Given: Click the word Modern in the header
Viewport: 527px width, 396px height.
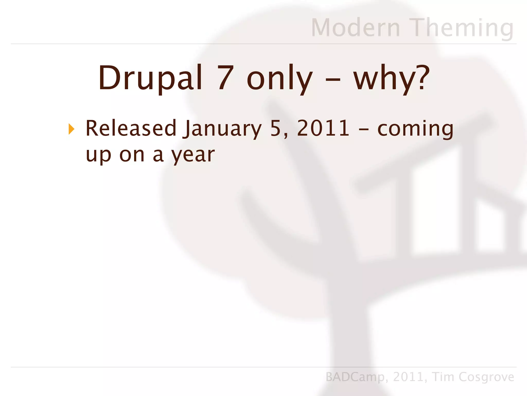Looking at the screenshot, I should [x=356, y=28].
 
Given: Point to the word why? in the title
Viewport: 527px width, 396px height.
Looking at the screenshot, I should [x=391, y=78].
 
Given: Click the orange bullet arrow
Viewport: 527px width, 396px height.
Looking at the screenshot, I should [x=72, y=129].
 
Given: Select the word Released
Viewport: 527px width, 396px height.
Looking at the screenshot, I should [x=131, y=128].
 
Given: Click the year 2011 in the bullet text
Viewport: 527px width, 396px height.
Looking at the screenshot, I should [x=323, y=128].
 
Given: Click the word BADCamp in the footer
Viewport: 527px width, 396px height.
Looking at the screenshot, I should [x=355, y=377].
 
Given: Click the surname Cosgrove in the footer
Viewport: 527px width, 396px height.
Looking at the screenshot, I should [x=486, y=377].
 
